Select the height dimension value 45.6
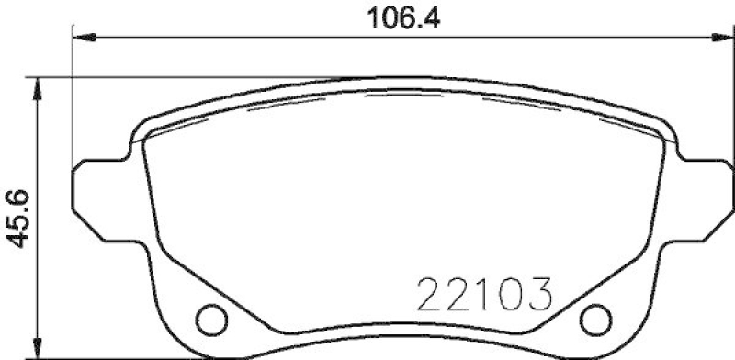tap(17, 217)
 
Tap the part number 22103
tap(483, 295)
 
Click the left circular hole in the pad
tap(213, 317)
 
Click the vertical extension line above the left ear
tap(73, 101)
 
